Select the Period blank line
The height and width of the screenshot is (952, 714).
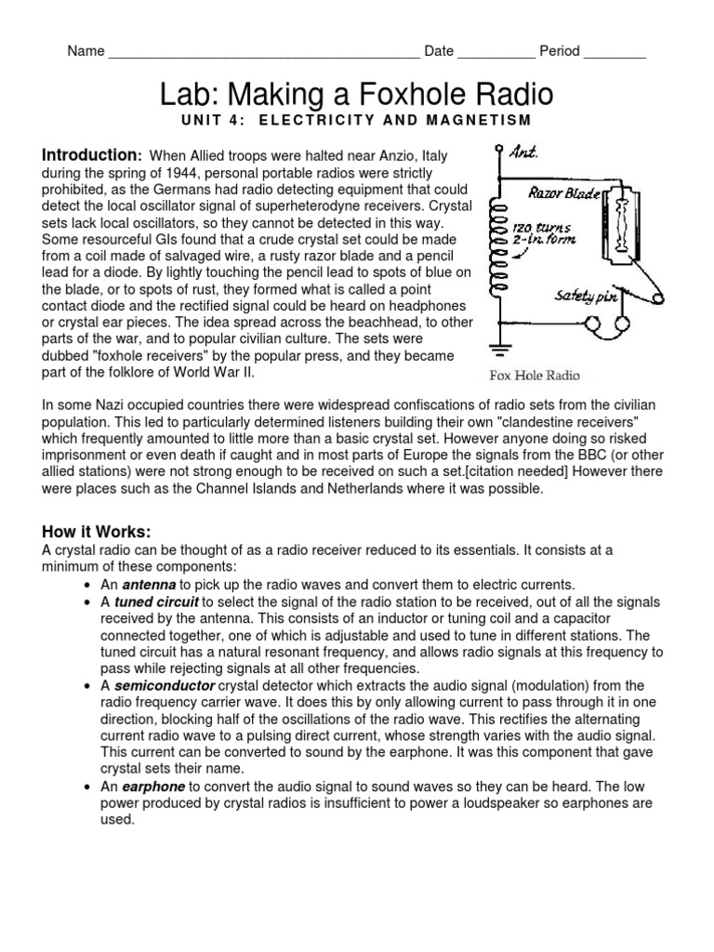[615, 54]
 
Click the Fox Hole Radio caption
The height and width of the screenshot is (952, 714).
[535, 376]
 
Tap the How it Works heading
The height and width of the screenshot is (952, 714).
[96, 532]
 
